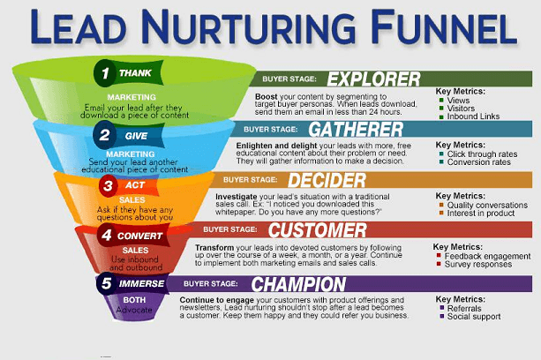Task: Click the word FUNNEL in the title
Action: [x=444, y=26]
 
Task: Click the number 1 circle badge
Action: [x=104, y=73]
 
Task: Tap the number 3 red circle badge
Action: [x=108, y=185]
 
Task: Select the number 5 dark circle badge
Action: [x=106, y=283]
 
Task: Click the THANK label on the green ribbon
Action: [x=135, y=73]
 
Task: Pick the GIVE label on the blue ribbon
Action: [x=136, y=136]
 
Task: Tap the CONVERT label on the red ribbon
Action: [x=139, y=236]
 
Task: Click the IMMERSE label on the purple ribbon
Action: [x=141, y=283]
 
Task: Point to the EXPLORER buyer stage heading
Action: [x=373, y=79]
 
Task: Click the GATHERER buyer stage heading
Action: [x=356, y=130]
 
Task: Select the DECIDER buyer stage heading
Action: [x=327, y=180]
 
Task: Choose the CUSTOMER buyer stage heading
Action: [x=318, y=230]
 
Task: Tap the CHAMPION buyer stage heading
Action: [x=298, y=284]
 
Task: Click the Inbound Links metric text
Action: [x=473, y=116]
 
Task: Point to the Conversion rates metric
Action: [x=479, y=162]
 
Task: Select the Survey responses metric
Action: [x=478, y=264]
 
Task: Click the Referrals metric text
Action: [x=464, y=308]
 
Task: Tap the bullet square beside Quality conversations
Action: [x=441, y=205]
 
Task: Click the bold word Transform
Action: [x=214, y=248]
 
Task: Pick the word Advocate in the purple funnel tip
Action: [x=134, y=310]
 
